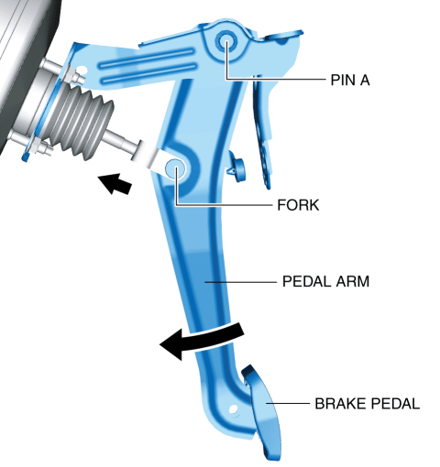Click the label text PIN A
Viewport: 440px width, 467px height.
tap(350, 80)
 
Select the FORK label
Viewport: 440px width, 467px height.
tap(298, 205)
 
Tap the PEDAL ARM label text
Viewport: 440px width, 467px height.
tap(325, 281)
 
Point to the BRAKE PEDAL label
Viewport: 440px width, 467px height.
tap(368, 404)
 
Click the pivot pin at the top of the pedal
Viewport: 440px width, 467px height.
tap(226, 41)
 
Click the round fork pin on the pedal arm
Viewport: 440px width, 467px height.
tap(175, 168)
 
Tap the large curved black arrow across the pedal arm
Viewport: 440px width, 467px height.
tap(202, 340)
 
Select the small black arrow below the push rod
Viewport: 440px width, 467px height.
tap(115, 183)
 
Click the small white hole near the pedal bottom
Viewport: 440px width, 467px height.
tap(233, 408)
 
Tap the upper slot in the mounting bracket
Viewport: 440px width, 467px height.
tap(148, 58)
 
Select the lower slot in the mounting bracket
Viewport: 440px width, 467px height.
tap(149, 73)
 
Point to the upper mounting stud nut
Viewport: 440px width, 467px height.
tap(71, 73)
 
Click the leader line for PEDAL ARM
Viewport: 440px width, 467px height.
tap(240, 282)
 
